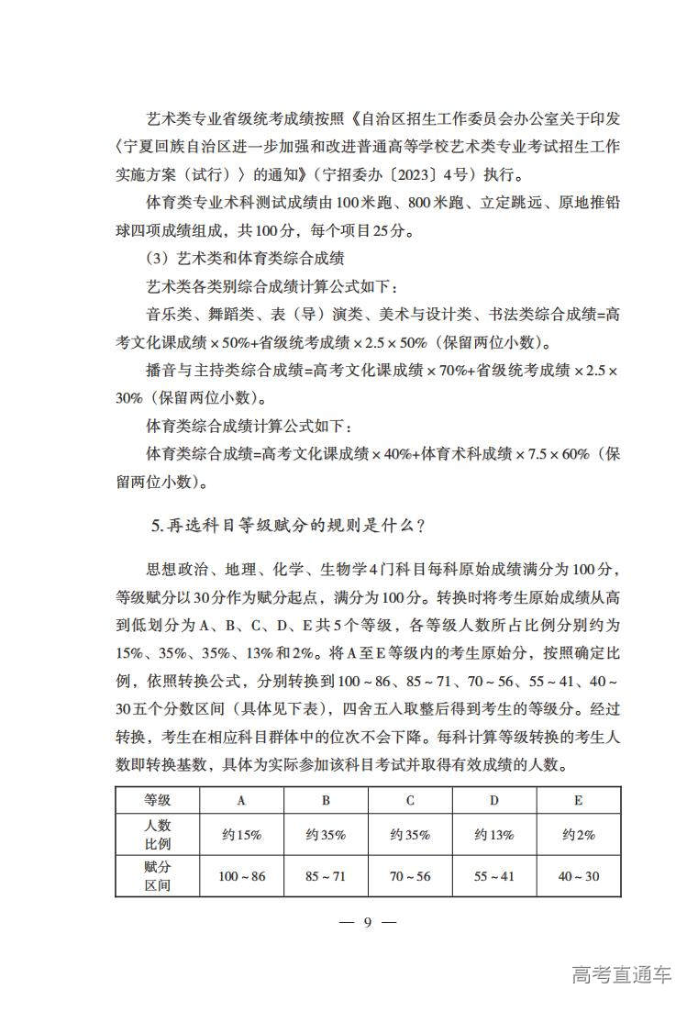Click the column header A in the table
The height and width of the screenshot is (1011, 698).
[241, 800]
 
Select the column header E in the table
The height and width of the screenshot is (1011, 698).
[579, 800]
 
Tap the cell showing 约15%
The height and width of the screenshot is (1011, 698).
[241, 835]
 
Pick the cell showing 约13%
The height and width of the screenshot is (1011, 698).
[494, 835]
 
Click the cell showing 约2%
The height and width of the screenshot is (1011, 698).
[579, 835]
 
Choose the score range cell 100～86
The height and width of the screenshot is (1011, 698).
[241, 876]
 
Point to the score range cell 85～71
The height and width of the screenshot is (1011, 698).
[326, 876]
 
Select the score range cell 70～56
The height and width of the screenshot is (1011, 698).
[410, 876]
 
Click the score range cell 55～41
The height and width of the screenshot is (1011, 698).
[494, 876]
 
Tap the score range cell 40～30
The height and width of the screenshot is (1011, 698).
[579, 876]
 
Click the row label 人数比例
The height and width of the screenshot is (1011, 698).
[158, 835]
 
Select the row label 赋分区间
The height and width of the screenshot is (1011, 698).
[158, 876]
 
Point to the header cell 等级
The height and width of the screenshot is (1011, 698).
[158, 800]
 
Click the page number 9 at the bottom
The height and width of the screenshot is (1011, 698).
[366, 922]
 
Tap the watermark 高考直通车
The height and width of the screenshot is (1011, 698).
[621, 974]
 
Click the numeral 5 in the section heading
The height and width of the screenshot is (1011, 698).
[157, 527]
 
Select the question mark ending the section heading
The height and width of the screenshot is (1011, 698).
[419, 527]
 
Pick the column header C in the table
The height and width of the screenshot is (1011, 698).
[410, 800]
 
